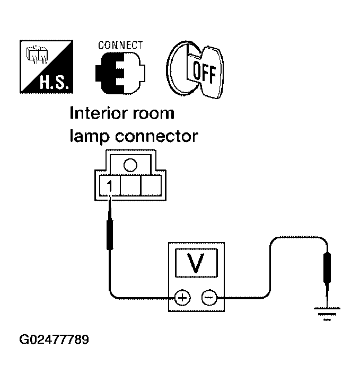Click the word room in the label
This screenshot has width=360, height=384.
154,113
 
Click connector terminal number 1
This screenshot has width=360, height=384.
109,186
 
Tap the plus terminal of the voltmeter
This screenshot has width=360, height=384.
182,298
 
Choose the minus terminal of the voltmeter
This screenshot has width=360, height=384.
208,298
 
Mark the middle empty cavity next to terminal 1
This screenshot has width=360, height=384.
130,186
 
